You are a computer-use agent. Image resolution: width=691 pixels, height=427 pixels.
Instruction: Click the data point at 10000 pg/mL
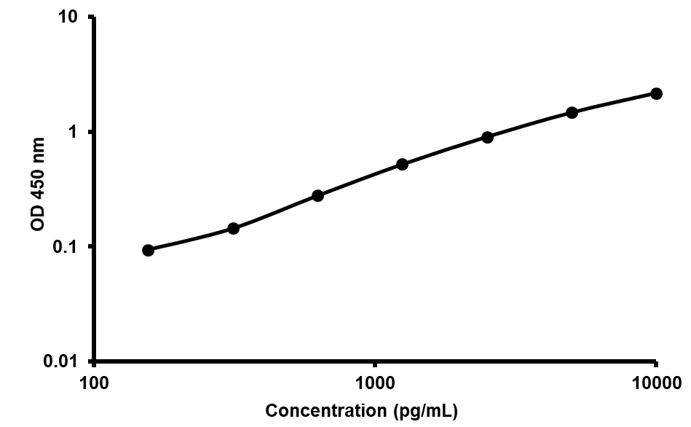coord(656,93)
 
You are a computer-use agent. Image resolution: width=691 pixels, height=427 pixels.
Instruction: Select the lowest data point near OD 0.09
coord(148,250)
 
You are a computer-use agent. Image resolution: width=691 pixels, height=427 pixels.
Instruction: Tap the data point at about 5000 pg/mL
coord(572,112)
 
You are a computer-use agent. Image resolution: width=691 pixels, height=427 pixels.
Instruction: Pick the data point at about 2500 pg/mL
coord(487,137)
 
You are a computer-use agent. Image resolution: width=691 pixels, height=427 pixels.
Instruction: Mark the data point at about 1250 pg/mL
coord(402,165)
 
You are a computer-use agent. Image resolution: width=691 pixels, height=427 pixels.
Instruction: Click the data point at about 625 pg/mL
coord(317,195)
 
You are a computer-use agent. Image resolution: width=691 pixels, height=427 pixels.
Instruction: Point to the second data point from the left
coord(233,228)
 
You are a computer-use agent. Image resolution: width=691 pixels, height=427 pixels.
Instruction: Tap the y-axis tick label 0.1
coord(68,247)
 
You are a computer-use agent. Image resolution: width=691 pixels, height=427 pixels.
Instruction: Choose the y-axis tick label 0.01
coord(63,361)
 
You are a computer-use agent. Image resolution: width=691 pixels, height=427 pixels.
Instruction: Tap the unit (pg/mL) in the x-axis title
coord(425,411)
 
